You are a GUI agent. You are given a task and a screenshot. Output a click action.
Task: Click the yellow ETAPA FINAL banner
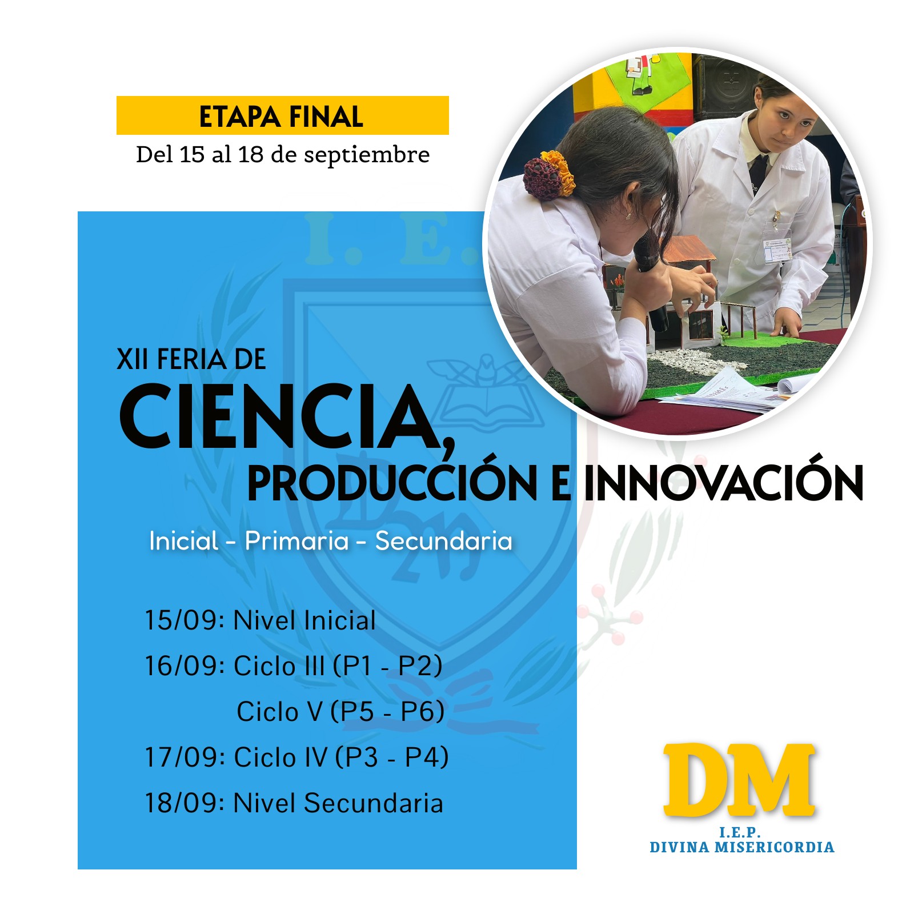282,115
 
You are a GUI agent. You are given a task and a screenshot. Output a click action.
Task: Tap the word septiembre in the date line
366,155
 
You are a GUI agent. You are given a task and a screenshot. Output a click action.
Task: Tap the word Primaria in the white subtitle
296,540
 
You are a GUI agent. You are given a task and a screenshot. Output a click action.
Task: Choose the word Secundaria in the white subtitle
444,540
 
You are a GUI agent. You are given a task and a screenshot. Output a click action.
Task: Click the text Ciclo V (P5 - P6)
340,712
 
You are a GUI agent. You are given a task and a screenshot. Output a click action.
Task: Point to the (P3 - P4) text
392,757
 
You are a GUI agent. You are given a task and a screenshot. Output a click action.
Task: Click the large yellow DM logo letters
739,779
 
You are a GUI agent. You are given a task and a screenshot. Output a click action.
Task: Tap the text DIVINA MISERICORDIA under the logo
742,847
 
